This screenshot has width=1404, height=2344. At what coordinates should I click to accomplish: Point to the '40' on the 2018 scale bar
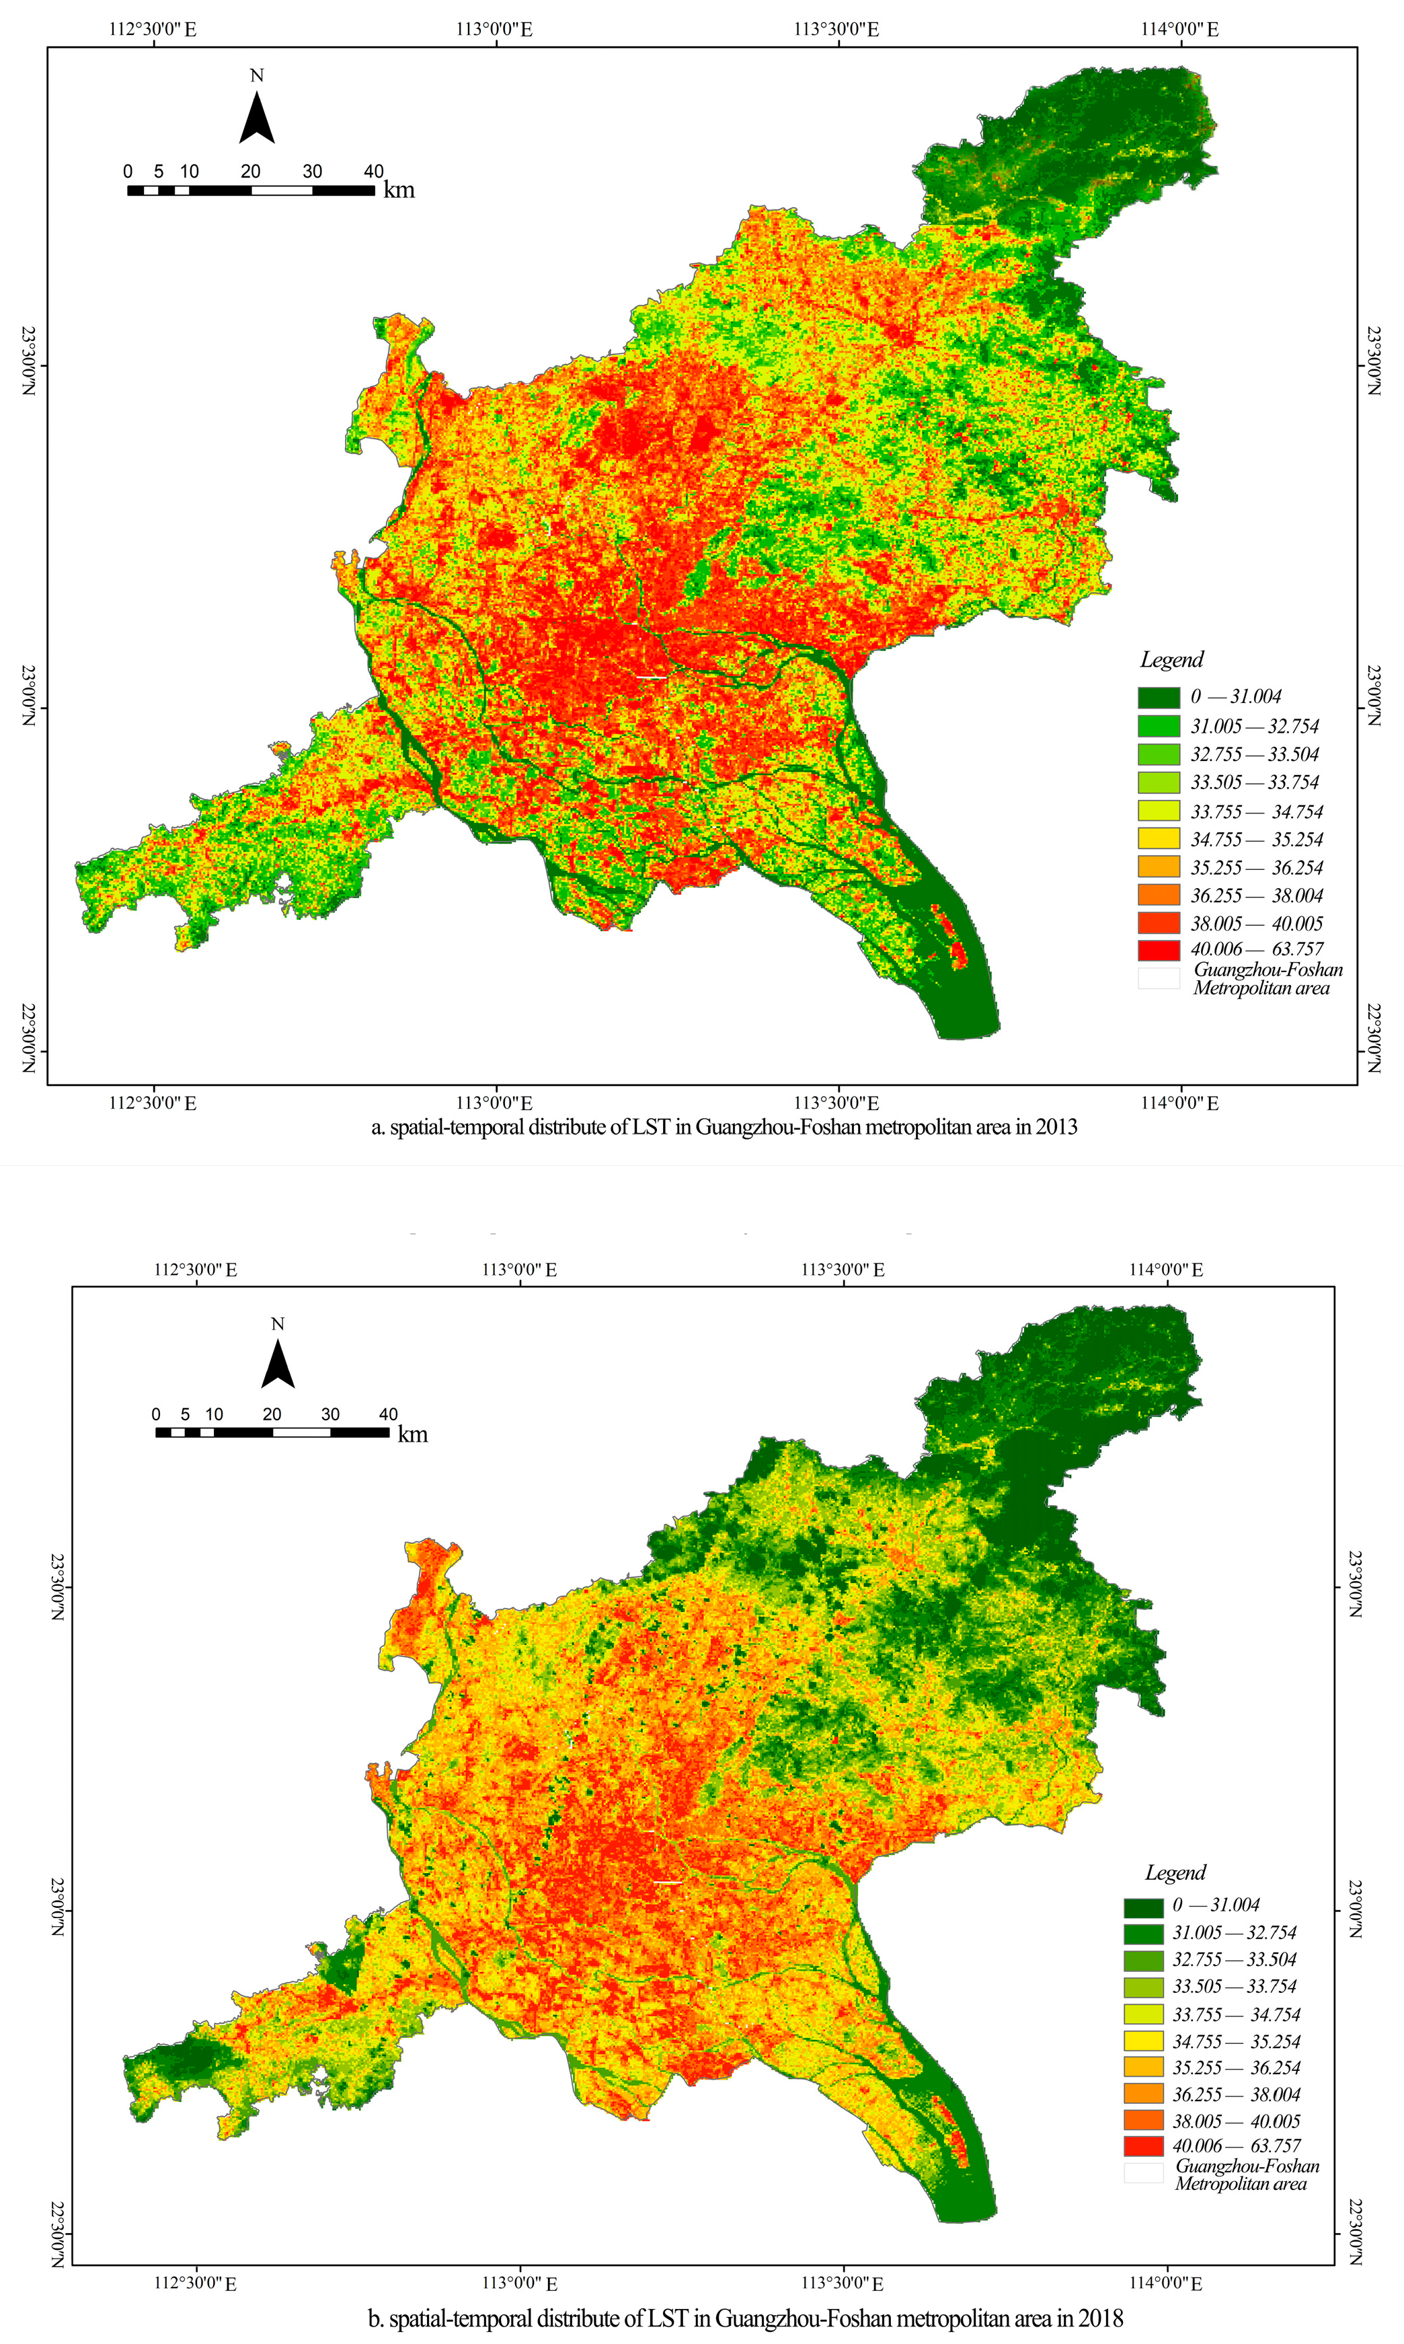(x=388, y=1414)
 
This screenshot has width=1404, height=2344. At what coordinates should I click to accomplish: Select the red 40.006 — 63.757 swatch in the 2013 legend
(x=1159, y=949)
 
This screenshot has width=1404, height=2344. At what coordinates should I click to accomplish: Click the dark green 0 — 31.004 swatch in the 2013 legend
(x=1159, y=698)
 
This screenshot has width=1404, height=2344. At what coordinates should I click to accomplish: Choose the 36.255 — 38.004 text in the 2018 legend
(x=1236, y=2094)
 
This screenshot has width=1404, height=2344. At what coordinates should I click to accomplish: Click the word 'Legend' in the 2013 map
(x=1171, y=659)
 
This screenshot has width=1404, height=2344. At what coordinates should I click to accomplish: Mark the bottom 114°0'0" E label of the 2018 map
(x=1165, y=2283)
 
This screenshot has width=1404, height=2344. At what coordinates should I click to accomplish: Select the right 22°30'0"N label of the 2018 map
(x=1355, y=2232)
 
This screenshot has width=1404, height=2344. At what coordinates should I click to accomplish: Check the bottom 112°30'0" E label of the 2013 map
(x=153, y=1103)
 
